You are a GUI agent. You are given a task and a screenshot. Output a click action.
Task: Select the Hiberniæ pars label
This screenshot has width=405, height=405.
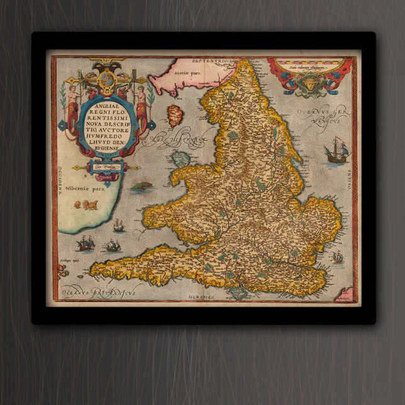tap(80, 187)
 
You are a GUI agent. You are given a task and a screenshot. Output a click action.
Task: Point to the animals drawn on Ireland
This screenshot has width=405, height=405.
tap(87, 205)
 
